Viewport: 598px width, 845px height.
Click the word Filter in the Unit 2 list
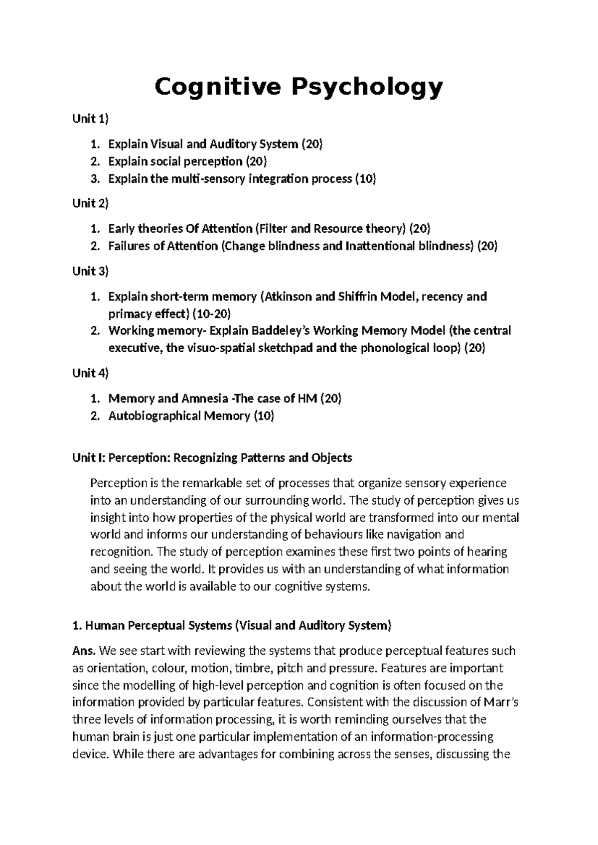[273, 229]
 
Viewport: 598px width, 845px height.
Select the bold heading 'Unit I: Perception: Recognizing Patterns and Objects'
[212, 457]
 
